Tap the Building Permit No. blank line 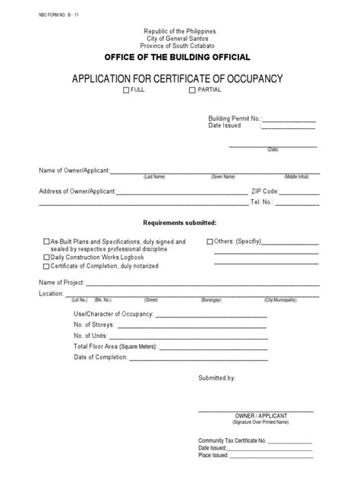pos(289,122)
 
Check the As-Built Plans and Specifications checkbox pos(46,242)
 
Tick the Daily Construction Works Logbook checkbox pos(46,258)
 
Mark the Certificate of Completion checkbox pos(46,267)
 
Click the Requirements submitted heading pos(180,223)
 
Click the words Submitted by pos(217,377)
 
